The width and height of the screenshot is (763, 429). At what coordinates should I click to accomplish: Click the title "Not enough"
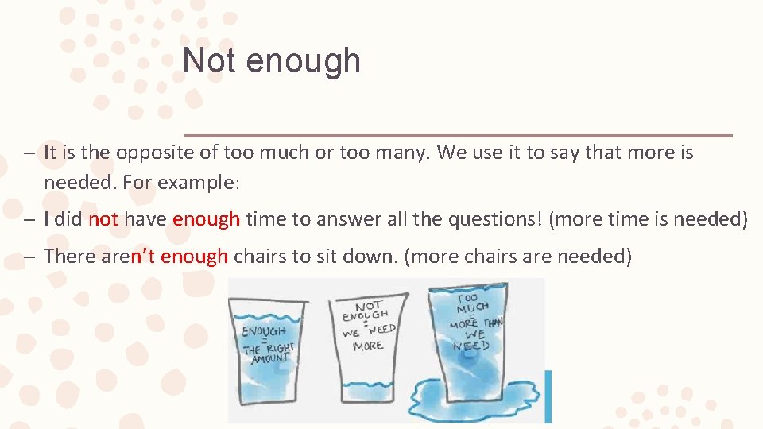pos(271,61)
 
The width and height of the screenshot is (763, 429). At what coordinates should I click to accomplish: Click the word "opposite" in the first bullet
pos(182,152)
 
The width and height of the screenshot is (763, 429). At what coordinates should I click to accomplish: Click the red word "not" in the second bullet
pos(103,218)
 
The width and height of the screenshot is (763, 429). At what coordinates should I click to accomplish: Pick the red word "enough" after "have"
pos(206,218)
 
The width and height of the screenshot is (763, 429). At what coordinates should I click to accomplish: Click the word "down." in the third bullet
pos(378,256)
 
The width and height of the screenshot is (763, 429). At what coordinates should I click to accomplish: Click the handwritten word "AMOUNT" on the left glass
pos(270,359)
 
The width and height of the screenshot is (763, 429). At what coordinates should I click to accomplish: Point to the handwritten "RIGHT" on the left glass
pos(280,347)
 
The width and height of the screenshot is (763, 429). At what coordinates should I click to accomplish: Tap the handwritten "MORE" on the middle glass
pos(367,346)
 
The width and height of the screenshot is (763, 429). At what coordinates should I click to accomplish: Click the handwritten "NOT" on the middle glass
pos(370,306)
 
